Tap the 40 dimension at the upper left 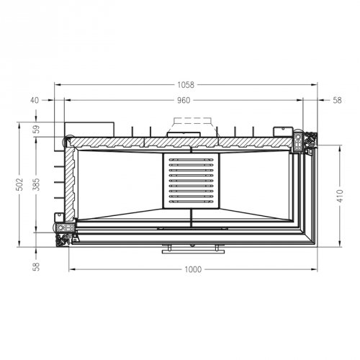[34, 100]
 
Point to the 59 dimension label [36, 130]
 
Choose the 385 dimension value [36, 185]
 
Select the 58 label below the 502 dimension [36, 266]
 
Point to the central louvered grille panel [191, 179]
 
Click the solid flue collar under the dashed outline [184, 133]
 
